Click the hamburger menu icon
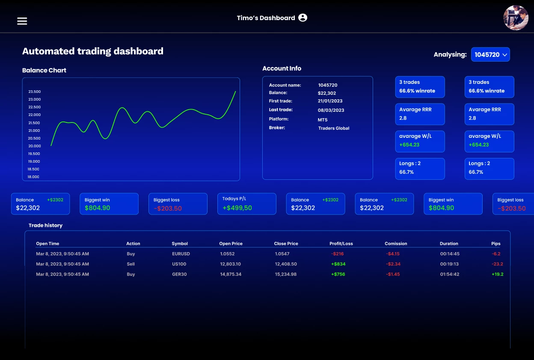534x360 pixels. [22, 21]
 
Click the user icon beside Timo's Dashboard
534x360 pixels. [303, 18]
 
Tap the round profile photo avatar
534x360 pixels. [516, 18]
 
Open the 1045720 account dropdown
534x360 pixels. [490, 55]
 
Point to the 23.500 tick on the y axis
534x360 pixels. [34, 92]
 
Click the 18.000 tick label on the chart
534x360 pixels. [33, 177]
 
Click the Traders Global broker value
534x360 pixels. [334, 128]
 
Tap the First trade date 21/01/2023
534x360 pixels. [330, 101]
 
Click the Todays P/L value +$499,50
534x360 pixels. [237, 208]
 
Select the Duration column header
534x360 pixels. [449, 244]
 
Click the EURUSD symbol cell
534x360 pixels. [181, 254]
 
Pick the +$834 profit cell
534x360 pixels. [338, 264]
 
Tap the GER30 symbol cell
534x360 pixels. [179, 274]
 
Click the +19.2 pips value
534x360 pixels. [497, 274]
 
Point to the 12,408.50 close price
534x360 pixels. [285, 264]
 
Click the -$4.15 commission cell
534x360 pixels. [392, 254]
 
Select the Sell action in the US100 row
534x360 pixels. [131, 264]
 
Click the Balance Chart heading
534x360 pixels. [44, 70]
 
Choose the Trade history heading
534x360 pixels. [45, 225]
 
